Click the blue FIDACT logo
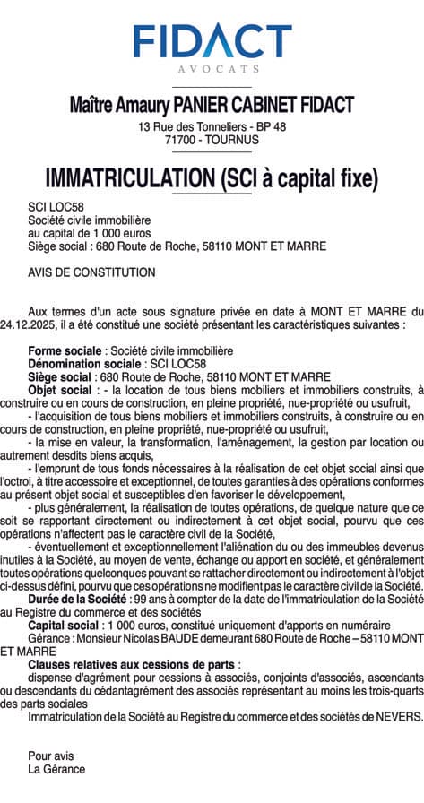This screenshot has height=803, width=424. point(212,39)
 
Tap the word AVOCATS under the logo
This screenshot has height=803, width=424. point(212,69)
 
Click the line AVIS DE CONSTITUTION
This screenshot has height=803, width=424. point(91,272)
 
